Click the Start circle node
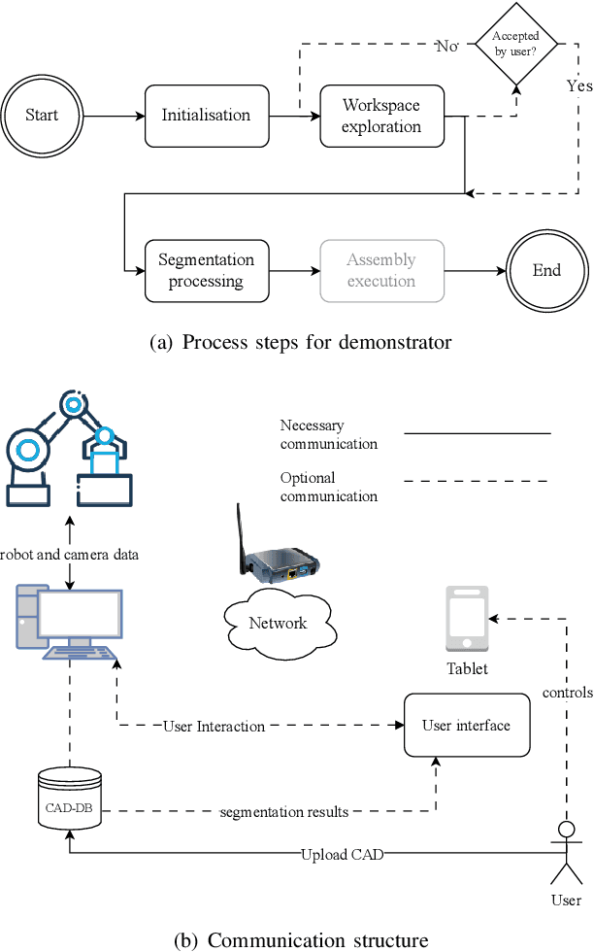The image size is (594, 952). coord(42,116)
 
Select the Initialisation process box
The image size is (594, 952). coord(205,116)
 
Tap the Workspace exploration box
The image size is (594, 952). coord(381,116)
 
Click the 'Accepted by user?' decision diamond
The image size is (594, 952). coord(516,44)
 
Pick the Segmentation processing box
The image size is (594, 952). coord(206,271)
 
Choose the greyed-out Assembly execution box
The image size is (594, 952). coord(381,271)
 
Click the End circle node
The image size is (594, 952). coord(546,271)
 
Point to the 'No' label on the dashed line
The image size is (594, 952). coord(446,45)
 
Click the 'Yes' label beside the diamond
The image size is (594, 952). coord(578,85)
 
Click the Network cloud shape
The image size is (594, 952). coord(279,623)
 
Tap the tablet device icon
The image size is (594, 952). coord(467,618)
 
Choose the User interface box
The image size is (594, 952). coord(466,726)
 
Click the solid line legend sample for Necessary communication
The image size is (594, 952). coord(477,433)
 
